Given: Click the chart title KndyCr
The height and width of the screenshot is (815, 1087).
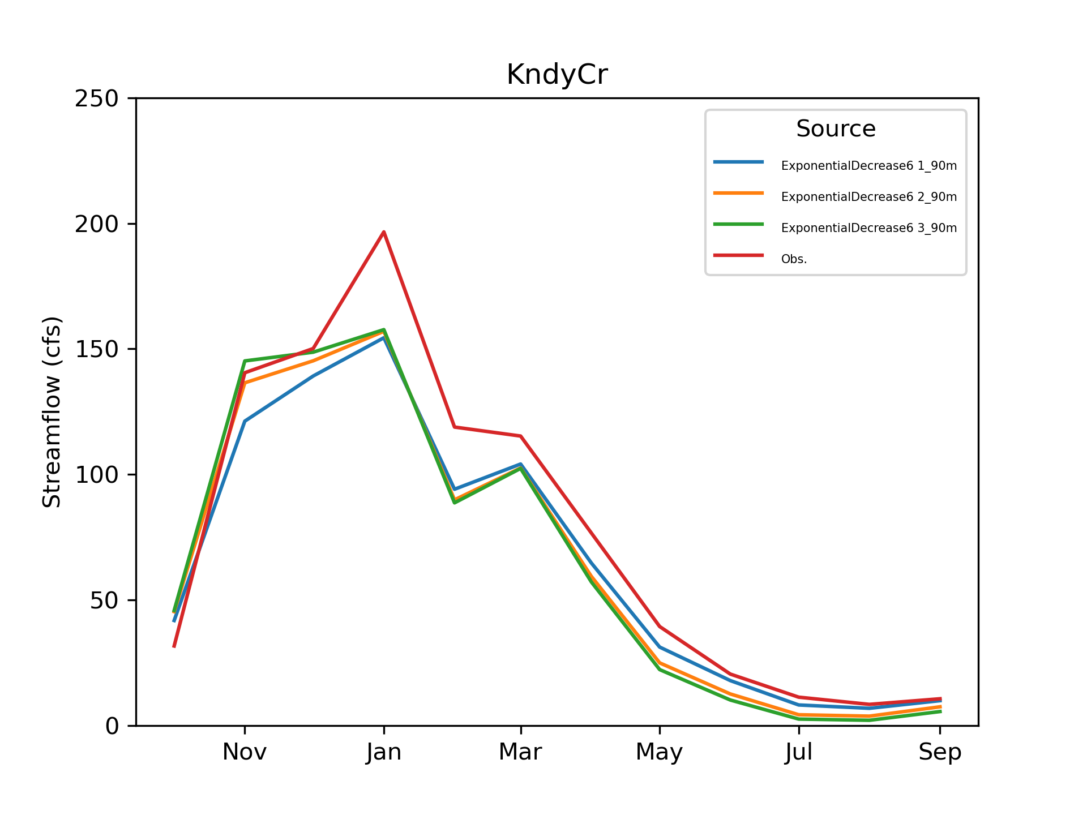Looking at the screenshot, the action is (557, 75).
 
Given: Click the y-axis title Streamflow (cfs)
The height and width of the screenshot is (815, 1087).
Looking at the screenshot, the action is (52, 412).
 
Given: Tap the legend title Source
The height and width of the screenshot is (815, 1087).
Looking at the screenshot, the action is (836, 128).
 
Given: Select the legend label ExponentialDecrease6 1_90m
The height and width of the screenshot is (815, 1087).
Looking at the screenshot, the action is (869, 166).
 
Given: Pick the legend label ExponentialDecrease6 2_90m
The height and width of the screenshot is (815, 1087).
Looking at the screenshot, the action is (869, 197).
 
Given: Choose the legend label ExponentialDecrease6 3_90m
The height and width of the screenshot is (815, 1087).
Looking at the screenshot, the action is (869, 228).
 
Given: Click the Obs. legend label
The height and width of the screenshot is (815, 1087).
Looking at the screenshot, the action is (794, 259).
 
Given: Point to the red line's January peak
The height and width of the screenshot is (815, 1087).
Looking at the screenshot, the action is (384, 232).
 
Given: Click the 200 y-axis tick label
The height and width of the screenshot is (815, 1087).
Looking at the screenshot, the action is (97, 224).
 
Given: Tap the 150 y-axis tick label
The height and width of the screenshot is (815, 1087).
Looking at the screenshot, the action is (97, 349).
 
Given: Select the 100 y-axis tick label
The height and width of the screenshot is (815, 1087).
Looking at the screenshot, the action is (97, 475).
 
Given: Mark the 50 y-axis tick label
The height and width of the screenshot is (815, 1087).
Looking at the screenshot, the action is (104, 600).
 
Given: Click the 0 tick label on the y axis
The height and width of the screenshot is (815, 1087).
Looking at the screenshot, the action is (112, 726).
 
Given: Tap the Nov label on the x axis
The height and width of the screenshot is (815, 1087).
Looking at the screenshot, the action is (245, 752).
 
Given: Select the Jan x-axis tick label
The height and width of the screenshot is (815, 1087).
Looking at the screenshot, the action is (384, 752).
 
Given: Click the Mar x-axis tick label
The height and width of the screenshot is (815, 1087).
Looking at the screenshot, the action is (520, 752).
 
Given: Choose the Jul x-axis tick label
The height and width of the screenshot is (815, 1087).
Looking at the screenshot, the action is (799, 752).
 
